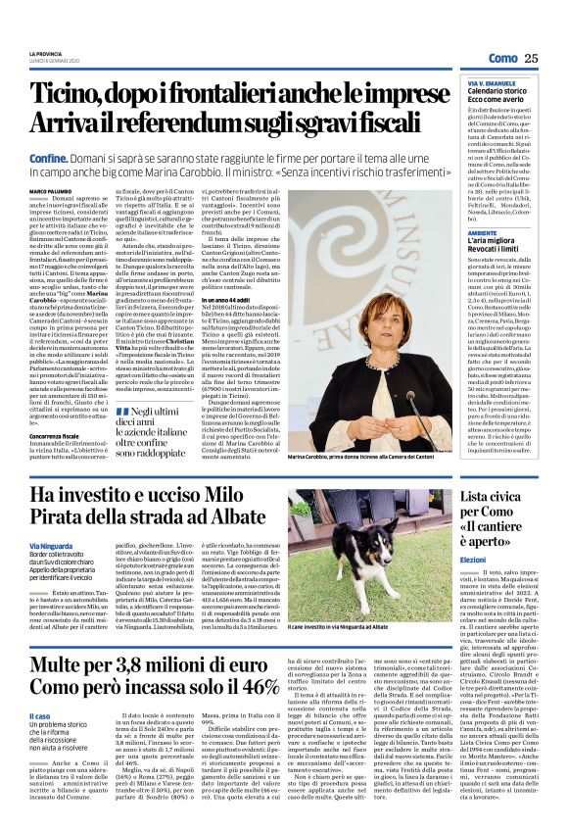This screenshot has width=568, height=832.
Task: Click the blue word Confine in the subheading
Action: tap(48, 157)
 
